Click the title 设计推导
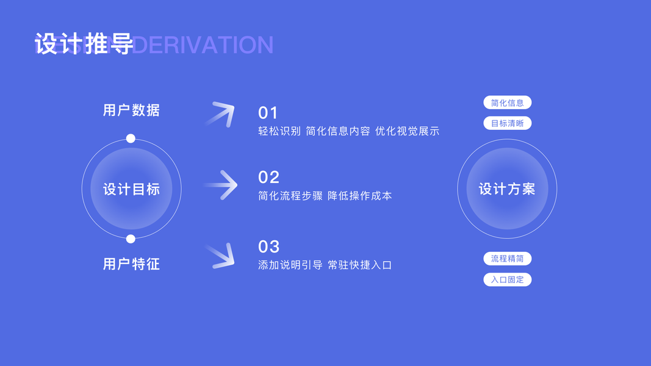84,45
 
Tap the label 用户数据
131,110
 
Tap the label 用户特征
131,264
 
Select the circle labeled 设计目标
131,188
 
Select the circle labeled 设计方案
507,188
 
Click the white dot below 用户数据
131,138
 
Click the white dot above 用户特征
131,239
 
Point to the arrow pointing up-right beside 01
220,114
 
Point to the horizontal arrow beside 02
221,185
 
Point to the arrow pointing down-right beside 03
221,256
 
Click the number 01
268,113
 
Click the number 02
268,177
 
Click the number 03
268,246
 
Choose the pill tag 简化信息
507,102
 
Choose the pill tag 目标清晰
507,123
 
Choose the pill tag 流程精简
507,259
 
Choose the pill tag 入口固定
507,280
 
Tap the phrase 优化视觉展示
407,131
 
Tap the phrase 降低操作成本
360,196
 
